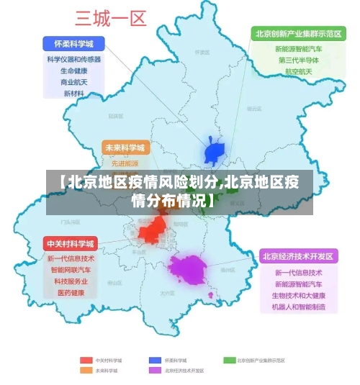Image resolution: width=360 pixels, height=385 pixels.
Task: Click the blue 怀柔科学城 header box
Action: pyautogui.click(x=73, y=43)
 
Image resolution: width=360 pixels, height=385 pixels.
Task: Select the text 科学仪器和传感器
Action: pyautogui.click(x=73, y=60)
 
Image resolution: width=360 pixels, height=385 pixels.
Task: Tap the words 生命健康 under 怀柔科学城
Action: pyautogui.click(x=73, y=71)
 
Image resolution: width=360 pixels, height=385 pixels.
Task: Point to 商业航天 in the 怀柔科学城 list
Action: pyautogui.click(x=73, y=82)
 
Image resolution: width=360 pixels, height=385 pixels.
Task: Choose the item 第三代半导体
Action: pyautogui.click(x=298, y=60)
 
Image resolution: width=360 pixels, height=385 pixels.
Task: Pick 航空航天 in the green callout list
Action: pyautogui.click(x=298, y=71)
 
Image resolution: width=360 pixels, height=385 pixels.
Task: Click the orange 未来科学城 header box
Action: pyautogui.click(x=125, y=148)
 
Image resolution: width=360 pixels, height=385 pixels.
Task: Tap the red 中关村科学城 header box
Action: pyautogui.click(x=71, y=243)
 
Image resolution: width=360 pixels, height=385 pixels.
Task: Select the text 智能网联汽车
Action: pyautogui.click(x=71, y=270)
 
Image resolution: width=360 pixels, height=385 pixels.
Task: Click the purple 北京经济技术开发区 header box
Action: pyautogui.click(x=298, y=256)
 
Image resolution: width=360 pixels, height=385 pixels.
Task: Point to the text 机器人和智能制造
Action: pyautogui.click(x=298, y=307)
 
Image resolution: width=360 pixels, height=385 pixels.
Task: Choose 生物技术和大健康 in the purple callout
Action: pyautogui.click(x=298, y=296)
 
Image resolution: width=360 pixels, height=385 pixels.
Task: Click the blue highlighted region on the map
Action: pyautogui.click(x=215, y=152)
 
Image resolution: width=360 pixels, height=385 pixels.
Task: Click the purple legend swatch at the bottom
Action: pyautogui.click(x=155, y=371)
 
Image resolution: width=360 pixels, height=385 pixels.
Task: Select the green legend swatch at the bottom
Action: pyautogui.click(x=229, y=360)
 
